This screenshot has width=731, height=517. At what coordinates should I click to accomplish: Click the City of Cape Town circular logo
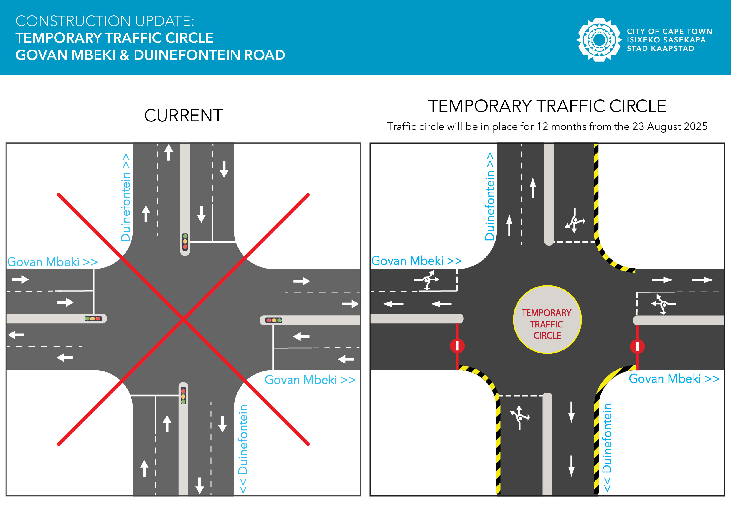pos(599,40)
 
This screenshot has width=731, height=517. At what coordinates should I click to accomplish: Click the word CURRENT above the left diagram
pos(183,115)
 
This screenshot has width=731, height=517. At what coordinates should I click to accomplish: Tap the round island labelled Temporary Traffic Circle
pos(547,320)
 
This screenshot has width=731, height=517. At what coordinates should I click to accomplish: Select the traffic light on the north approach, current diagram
pos(185,242)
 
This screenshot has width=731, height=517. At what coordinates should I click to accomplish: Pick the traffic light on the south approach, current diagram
pos(183,396)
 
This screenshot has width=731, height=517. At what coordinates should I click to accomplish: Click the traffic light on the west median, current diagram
pos(93,319)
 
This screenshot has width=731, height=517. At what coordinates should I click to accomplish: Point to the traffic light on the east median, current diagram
pos(273,320)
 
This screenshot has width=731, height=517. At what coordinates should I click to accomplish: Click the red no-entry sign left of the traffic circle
pos(457,346)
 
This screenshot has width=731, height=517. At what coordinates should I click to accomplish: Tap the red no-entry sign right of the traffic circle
pos(637,347)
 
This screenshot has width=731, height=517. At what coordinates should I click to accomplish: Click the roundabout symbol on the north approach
pos(575,221)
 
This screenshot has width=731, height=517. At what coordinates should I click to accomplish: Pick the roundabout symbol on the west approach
pos(427,280)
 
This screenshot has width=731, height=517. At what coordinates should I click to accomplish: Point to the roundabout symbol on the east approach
pos(663,304)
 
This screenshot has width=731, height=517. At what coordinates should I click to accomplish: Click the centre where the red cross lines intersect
pos(183,319)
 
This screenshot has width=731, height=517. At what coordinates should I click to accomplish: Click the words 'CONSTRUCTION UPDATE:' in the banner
pos(105,21)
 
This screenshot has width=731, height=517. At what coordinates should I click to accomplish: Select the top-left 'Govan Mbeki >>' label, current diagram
pos(52,262)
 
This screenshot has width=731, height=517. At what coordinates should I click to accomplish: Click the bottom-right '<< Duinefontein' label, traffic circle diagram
pos(607,447)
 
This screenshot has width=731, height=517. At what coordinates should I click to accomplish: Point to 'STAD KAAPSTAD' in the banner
pos(660,48)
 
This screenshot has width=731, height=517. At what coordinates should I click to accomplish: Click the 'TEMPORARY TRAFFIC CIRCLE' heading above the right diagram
pos(547,106)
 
